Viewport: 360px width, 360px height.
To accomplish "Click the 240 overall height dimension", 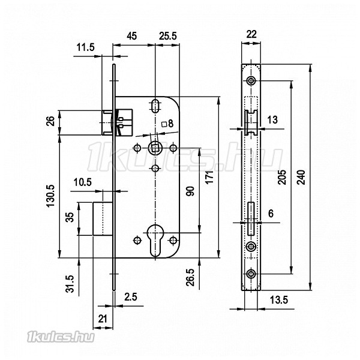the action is coord(301,177).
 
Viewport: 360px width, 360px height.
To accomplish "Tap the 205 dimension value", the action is coord(282,177).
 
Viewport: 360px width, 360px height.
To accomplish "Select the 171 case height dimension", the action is coord(209,177).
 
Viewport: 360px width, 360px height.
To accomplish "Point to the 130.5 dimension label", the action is coord(51,196).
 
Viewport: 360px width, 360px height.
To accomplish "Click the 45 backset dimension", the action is coord(132,36).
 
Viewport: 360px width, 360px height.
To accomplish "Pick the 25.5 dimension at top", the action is coord(168,36).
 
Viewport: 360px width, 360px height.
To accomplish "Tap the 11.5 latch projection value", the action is coord(85,47).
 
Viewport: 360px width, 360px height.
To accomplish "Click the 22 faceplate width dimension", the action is coord(251,34).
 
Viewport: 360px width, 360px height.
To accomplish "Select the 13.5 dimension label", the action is coord(279,300).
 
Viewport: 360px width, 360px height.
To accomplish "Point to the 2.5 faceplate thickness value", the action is coord(131,297).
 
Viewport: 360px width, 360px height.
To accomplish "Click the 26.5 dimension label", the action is coord(190,277).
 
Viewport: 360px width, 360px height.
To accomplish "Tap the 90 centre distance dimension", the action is coord(190,191).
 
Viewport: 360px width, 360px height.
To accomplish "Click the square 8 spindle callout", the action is coord(167,124).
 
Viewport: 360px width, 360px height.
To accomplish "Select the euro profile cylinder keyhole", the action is coord(155,241).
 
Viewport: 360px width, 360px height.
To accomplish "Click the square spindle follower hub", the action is coord(155,148).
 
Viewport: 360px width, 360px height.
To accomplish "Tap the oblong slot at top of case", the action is coord(155,106).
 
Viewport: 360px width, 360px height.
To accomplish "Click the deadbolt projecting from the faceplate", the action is coord(103,218).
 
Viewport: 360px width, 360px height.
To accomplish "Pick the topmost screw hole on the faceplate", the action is coord(251,81).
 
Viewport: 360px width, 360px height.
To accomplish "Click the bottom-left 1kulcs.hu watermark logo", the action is coord(61,337).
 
